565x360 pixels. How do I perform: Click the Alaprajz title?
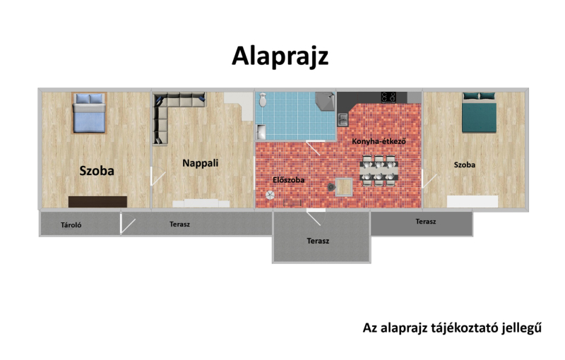(280, 56)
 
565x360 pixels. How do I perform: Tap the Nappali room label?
(201, 163)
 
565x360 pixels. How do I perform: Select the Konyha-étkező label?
(379, 141)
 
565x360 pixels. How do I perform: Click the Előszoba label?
(289, 179)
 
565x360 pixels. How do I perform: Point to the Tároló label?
(71, 225)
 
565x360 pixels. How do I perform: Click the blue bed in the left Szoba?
(89, 113)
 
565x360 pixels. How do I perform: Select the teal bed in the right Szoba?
(480, 112)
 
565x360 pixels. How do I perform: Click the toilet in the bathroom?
(263, 100)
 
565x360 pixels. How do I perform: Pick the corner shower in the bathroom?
(325, 102)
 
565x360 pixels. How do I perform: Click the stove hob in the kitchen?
(388, 97)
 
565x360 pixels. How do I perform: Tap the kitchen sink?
(343, 119)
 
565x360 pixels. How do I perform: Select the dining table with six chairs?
(379, 171)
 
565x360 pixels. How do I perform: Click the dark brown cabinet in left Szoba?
(97, 202)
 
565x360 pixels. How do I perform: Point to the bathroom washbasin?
(261, 132)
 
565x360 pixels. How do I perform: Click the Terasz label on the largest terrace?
(318, 241)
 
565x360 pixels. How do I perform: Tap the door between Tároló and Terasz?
(127, 224)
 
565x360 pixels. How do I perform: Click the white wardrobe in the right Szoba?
(472, 201)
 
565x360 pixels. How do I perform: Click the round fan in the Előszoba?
(270, 195)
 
